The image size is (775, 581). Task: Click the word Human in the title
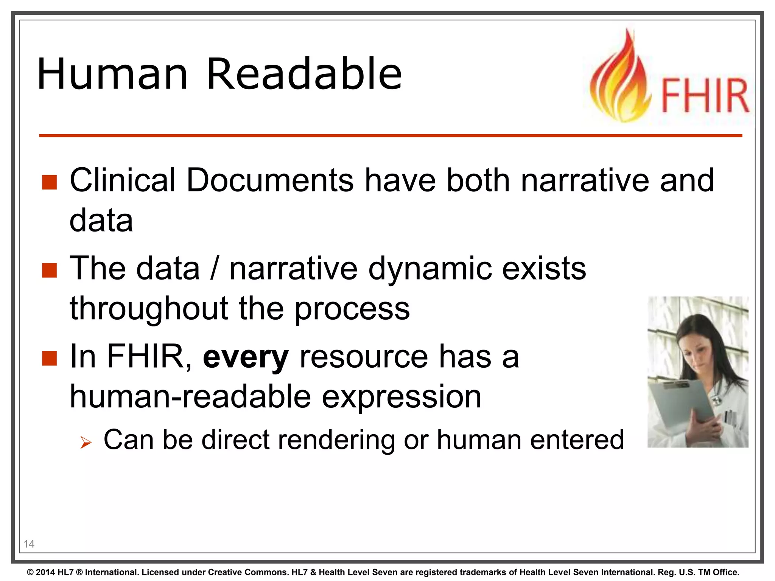click(x=112, y=74)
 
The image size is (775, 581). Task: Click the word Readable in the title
click(x=304, y=74)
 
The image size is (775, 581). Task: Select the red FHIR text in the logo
click(x=705, y=96)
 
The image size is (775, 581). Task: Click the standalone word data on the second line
click(x=101, y=221)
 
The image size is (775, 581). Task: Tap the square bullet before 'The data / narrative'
click(x=49, y=270)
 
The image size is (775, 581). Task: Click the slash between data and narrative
click(x=215, y=269)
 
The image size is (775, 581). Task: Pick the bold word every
click(x=246, y=358)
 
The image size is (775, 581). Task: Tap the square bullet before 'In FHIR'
click(x=49, y=358)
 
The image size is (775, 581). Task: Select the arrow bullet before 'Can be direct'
click(x=86, y=442)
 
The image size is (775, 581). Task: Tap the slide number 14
click(x=29, y=544)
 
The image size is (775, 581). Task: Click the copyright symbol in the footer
click(x=30, y=572)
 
